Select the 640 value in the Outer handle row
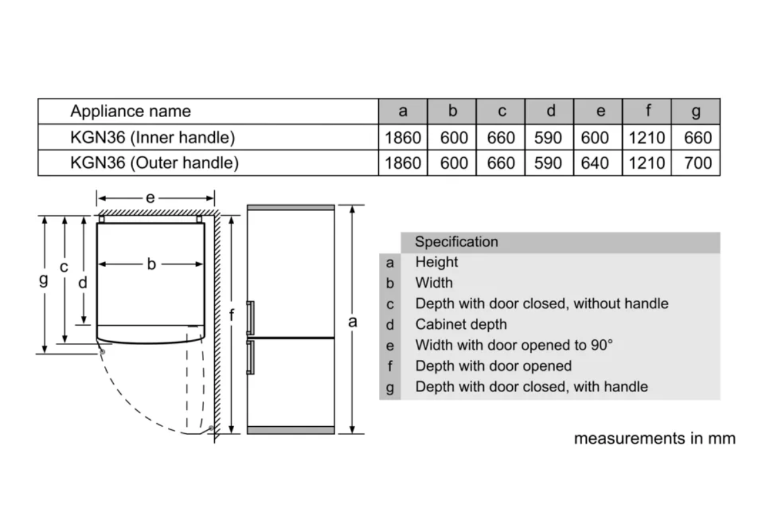point(595,163)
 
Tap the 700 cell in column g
point(698,163)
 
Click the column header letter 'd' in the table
point(551,111)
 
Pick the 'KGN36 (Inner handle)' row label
point(152,137)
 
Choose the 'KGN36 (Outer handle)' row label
point(154,163)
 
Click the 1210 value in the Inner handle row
point(647,138)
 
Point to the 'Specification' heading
point(456,242)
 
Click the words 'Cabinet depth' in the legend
point(461,324)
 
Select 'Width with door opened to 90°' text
point(514,345)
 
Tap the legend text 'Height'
point(437,262)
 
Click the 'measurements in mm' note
point(655,438)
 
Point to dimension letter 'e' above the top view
point(151,198)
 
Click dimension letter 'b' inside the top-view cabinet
point(152,264)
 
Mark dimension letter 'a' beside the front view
point(353,322)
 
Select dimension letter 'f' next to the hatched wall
point(232,315)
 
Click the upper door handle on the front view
point(250,318)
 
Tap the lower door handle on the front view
point(250,357)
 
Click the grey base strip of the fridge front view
point(291,430)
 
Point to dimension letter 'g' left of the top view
point(44,279)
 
